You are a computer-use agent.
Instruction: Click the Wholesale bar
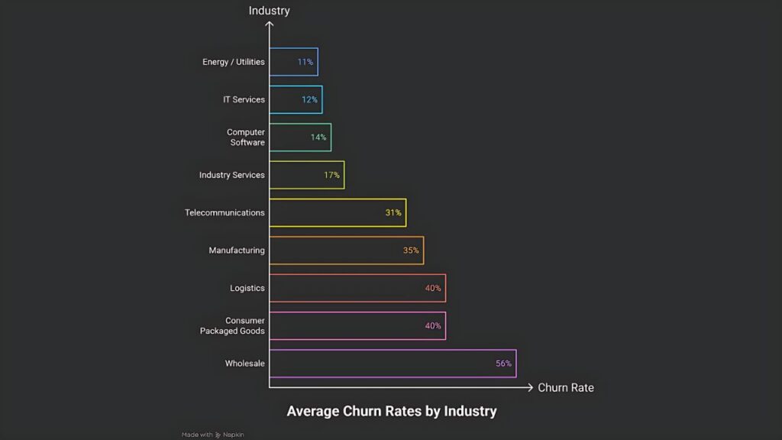pyautogui.click(x=393, y=364)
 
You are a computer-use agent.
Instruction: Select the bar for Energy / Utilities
pyautogui.click(x=293, y=62)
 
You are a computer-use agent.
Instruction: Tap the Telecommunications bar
pyautogui.click(x=338, y=213)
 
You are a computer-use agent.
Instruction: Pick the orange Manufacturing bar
pyautogui.click(x=346, y=251)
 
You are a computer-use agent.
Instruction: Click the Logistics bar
pyautogui.click(x=357, y=288)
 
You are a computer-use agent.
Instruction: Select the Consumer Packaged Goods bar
pyautogui.click(x=357, y=325)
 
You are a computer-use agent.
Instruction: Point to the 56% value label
pyautogui.click(x=503, y=364)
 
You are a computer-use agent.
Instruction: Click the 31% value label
pyautogui.click(x=393, y=213)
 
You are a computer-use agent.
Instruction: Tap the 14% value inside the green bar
pyautogui.click(x=318, y=137)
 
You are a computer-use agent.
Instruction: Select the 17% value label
pyautogui.click(x=331, y=175)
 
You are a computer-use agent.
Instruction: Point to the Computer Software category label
pyautogui.click(x=246, y=137)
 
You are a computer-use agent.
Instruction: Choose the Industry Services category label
pyautogui.click(x=231, y=175)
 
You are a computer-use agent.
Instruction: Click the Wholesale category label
pyautogui.click(x=244, y=364)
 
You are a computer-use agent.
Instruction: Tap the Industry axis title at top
pyautogui.click(x=269, y=11)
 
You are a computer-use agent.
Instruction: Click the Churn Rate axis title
pyautogui.click(x=565, y=388)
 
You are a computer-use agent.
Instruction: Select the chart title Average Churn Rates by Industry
pyautogui.click(x=391, y=412)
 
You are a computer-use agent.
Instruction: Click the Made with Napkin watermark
pyautogui.click(x=213, y=435)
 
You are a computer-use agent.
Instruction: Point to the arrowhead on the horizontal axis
pyautogui.click(x=530, y=388)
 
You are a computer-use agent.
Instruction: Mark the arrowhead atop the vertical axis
pyautogui.click(x=270, y=24)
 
